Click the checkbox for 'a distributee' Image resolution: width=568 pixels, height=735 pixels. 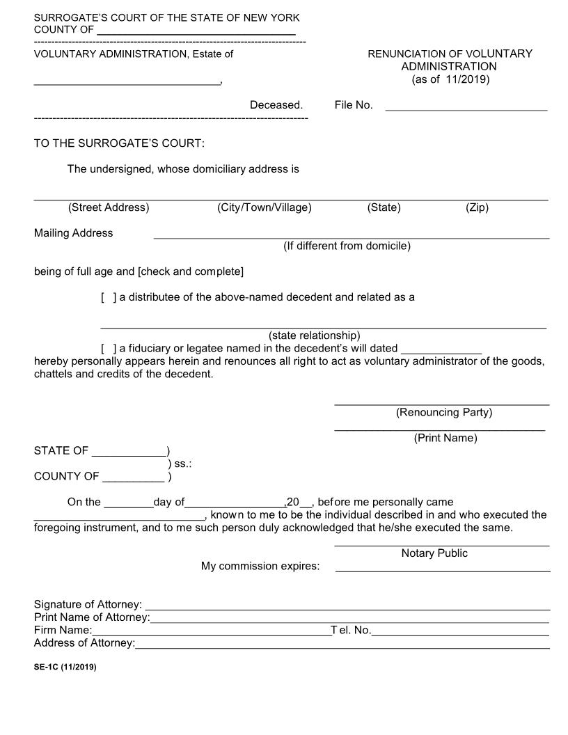(109, 297)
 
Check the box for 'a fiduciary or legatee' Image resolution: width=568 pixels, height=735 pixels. (109, 348)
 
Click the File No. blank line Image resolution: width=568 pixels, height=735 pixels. (466, 108)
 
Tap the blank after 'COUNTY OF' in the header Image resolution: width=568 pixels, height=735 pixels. (196, 32)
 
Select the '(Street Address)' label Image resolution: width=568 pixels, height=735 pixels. (109, 207)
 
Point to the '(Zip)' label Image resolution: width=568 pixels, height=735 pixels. (477, 207)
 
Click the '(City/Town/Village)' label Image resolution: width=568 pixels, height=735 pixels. (264, 207)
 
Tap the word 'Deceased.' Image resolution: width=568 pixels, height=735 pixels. (276, 105)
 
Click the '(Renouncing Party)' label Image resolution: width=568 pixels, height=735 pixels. (443, 412)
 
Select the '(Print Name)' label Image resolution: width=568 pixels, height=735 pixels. (445, 438)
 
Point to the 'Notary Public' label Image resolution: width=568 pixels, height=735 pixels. (434, 553)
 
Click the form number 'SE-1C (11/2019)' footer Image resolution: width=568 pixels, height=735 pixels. (65, 667)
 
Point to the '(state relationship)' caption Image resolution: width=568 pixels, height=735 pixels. (314, 335)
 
